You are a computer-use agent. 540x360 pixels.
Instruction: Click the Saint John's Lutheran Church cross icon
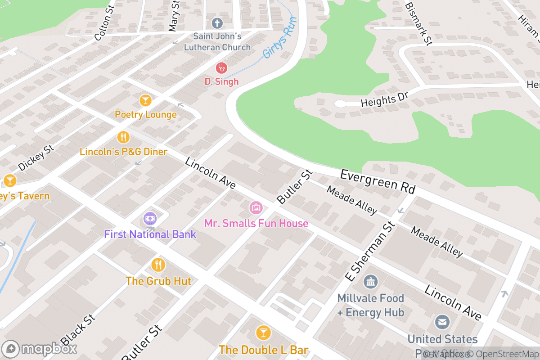click(x=217, y=22)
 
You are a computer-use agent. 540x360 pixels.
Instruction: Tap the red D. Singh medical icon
click(x=221, y=68)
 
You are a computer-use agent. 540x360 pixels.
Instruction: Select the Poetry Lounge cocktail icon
click(x=145, y=100)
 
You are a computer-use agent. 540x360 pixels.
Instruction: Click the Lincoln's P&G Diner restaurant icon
click(x=123, y=137)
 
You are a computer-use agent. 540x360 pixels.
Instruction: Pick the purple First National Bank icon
click(x=150, y=219)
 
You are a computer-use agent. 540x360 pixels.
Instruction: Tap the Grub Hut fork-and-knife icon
click(x=158, y=265)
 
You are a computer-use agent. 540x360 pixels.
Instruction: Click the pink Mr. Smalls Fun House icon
click(x=256, y=207)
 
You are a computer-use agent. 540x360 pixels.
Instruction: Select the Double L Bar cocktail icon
click(x=263, y=333)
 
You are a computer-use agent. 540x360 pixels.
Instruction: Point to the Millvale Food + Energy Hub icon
click(x=370, y=282)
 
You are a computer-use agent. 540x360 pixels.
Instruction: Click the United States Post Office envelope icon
click(x=442, y=322)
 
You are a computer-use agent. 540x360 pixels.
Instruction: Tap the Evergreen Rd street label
click(x=377, y=181)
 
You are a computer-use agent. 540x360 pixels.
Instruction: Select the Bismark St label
click(x=418, y=23)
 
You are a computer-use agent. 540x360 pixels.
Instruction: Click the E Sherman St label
click(x=369, y=252)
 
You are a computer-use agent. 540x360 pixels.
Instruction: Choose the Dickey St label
click(x=36, y=158)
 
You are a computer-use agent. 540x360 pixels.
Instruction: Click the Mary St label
click(x=174, y=16)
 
